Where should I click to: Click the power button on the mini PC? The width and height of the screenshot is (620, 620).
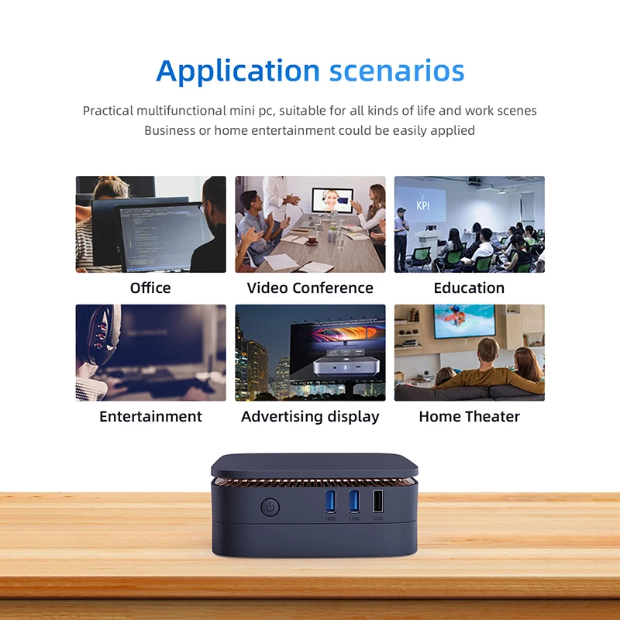269,508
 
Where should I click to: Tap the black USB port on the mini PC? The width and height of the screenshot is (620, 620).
377,502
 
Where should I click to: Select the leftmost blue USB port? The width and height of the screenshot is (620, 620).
331,502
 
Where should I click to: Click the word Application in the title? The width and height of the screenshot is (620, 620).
238,71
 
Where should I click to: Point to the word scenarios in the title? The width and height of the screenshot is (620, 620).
396,71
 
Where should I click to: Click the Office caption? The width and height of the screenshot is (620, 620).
150,288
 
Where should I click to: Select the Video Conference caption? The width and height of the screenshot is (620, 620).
310,288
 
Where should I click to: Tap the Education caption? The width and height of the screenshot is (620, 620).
469,288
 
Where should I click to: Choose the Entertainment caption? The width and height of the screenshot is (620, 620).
150,416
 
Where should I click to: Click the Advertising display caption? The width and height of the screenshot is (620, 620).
310,416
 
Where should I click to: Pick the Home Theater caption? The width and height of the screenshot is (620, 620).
469,416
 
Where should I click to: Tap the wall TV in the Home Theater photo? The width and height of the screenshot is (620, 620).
464,321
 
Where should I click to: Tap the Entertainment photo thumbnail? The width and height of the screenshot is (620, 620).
150,352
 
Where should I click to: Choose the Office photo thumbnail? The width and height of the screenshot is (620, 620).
150,224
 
